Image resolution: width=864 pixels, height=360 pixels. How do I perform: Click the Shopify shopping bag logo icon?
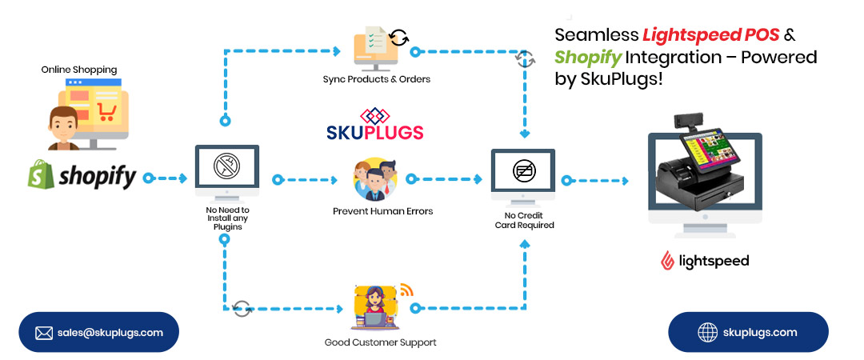[41, 174]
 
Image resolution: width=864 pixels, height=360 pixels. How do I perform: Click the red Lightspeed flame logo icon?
[666, 261]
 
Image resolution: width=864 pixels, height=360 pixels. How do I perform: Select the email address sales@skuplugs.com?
[110, 332]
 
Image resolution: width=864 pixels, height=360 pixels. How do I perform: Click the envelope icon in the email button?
[44, 333]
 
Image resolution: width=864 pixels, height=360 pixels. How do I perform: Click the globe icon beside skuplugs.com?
[707, 332]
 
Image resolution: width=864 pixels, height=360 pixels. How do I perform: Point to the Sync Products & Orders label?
[376, 79]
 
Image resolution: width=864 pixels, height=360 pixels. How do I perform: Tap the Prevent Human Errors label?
[382, 211]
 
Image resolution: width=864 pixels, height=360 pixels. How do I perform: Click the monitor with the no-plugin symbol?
[227, 170]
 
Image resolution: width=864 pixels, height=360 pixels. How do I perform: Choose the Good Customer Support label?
[380, 342]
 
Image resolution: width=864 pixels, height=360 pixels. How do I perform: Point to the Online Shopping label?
[79, 70]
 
